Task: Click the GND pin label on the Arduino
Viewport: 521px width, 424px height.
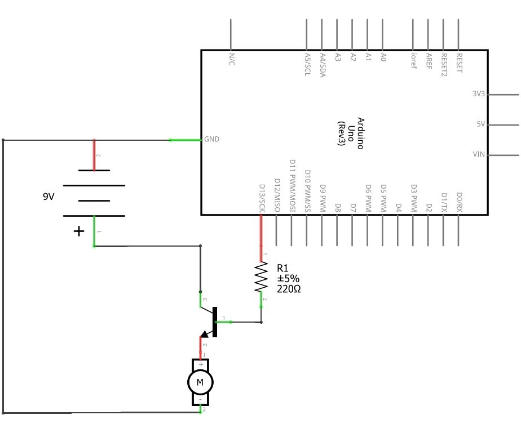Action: click(212, 139)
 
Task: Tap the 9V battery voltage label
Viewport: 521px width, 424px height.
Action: click(49, 197)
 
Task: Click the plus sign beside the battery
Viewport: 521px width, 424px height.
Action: click(79, 231)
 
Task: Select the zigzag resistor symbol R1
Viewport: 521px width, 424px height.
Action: click(261, 276)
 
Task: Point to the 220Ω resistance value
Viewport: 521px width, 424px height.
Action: click(288, 288)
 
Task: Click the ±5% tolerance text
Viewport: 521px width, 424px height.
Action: click(288, 278)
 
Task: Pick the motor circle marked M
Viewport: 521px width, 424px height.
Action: click(200, 383)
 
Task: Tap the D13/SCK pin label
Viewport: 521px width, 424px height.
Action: click(262, 198)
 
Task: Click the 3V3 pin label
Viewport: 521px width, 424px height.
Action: click(478, 94)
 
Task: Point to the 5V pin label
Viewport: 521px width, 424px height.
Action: click(480, 124)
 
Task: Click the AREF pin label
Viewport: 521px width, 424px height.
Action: click(429, 61)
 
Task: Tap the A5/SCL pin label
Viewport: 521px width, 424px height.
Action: click(307, 64)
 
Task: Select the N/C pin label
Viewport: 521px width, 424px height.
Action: click(231, 60)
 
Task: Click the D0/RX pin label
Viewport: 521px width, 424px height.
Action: click(459, 201)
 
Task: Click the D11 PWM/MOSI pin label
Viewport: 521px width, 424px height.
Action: click(292, 185)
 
